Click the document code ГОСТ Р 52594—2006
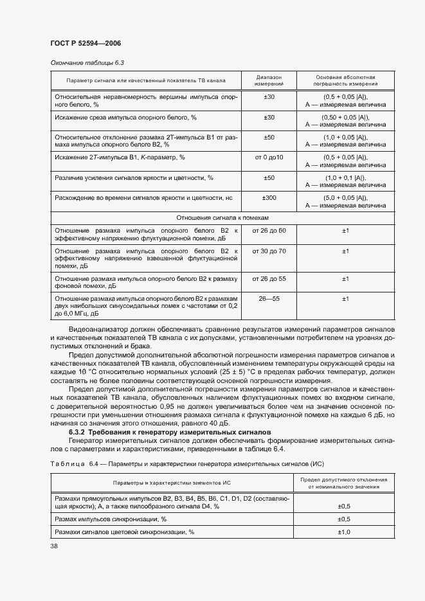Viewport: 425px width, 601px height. pyautogui.click(x=86, y=43)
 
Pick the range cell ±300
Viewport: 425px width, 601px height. pyautogui.click(x=269, y=198)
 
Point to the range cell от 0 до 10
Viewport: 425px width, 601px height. pyautogui.click(x=269, y=157)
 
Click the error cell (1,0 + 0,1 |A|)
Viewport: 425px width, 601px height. pyautogui.click(x=345, y=177)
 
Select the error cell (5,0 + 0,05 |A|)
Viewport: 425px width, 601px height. pyautogui.click(x=345, y=198)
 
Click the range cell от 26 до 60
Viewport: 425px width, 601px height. pyautogui.click(x=269, y=230)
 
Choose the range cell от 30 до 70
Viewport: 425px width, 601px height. pyautogui.click(x=269, y=250)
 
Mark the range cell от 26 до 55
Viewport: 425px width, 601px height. pyautogui.click(x=269, y=278)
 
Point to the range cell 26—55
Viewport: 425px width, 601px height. pyautogui.click(x=269, y=299)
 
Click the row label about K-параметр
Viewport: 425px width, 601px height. pyautogui.click(x=120, y=157)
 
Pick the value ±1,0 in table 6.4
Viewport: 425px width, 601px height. pyautogui.click(x=344, y=532)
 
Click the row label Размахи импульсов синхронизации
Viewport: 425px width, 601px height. pyautogui.click(x=111, y=519)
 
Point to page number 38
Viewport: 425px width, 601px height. pyautogui.click(x=54, y=546)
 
